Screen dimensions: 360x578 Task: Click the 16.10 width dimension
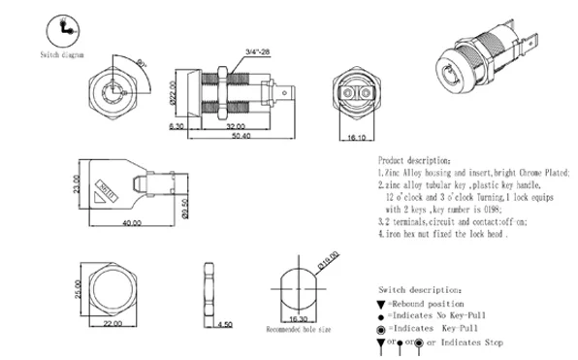point(353,138)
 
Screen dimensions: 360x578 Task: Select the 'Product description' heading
point(413,157)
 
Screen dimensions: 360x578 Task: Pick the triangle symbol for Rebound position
point(381,304)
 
